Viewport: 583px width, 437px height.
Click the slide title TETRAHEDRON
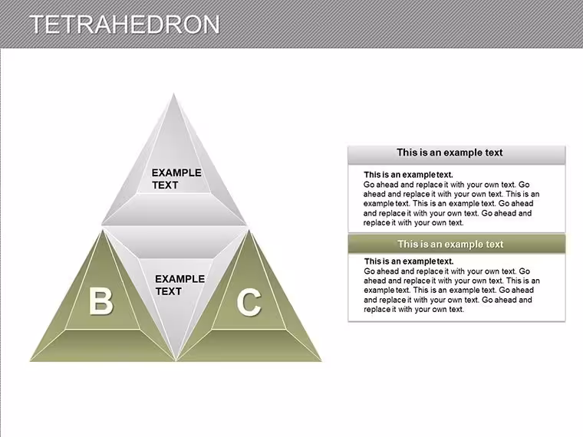[124, 25]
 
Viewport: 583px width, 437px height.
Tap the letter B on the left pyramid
[100, 301]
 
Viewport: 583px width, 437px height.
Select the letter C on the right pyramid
[249, 303]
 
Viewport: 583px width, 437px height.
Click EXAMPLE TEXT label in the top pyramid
[176, 179]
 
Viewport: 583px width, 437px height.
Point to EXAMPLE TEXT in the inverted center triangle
[180, 285]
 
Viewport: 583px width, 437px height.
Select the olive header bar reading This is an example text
[456, 244]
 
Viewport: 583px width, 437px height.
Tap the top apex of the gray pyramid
[173, 94]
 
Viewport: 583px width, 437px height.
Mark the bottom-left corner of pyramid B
[30, 361]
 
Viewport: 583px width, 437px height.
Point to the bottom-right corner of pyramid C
[321, 361]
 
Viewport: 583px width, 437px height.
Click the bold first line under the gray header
[408, 175]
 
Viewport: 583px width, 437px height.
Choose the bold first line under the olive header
[409, 261]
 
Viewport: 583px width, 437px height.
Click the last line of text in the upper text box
[413, 223]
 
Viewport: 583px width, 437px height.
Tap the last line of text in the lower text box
[413, 310]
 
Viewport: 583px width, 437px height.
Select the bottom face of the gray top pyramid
[174, 209]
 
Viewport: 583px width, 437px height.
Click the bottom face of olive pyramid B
[102, 345]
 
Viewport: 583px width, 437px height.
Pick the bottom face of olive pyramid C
[249, 345]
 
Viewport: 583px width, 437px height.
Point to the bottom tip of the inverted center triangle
[176, 360]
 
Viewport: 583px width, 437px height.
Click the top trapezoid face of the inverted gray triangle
[175, 243]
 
